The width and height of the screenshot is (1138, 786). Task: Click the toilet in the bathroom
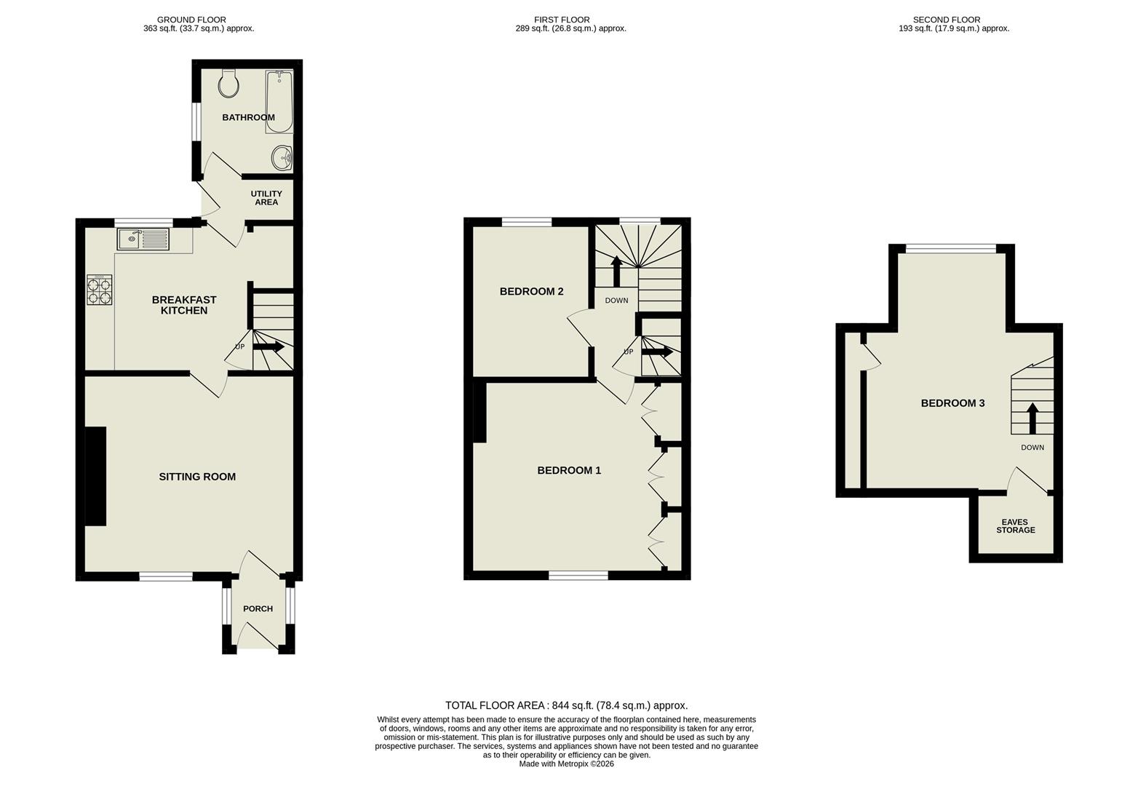point(228,84)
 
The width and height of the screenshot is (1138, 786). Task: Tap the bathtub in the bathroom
point(279,102)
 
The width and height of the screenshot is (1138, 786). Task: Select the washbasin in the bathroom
point(282,156)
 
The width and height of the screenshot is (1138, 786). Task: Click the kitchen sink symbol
point(143,239)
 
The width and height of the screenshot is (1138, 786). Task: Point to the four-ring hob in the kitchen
point(100,290)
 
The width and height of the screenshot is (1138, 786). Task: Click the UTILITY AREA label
point(266,198)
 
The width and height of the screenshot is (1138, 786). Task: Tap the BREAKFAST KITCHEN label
point(184,305)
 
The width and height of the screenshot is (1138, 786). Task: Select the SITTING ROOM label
point(197,477)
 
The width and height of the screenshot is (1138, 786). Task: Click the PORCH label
point(258,608)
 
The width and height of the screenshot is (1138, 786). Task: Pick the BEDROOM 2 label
point(531,291)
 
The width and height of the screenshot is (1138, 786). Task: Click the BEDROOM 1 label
point(569,470)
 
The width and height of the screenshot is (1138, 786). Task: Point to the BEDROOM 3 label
point(952,403)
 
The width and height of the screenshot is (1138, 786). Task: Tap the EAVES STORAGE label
point(1015,526)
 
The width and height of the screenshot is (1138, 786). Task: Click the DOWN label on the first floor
point(616,301)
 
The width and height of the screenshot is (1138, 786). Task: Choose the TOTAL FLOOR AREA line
point(566,705)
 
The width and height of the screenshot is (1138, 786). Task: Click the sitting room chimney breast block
point(96,476)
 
